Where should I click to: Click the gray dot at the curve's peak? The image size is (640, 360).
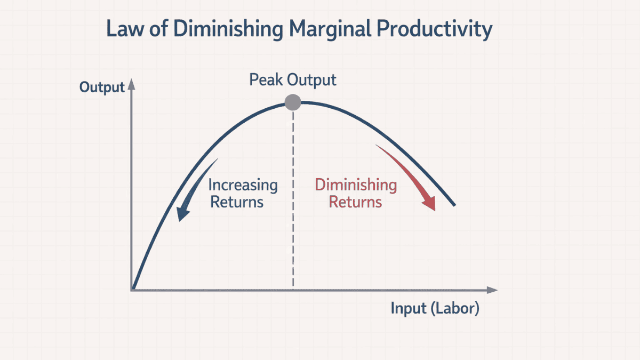[293, 102]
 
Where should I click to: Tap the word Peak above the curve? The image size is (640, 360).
[266, 80]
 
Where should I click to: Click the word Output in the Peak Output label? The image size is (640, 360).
[312, 80]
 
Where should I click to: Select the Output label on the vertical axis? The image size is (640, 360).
[102, 87]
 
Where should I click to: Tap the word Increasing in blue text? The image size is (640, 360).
[243, 186]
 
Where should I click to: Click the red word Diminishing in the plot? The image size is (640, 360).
[356, 185]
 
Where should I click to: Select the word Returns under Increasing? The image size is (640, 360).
[237, 202]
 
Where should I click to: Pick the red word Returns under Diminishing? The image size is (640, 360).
[355, 202]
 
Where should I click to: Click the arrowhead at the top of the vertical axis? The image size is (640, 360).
[132, 84]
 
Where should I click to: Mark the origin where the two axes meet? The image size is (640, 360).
[132, 290]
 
